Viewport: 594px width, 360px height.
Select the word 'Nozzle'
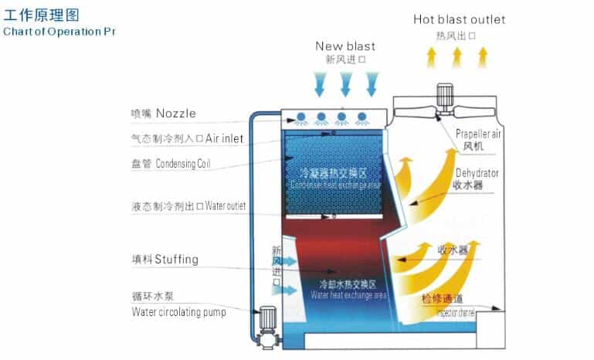point(175,114)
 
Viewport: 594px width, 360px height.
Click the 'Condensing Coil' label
point(183,164)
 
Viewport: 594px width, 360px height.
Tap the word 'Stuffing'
point(176,260)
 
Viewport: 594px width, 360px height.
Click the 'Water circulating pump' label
point(178,312)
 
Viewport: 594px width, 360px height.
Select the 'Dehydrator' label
point(477,172)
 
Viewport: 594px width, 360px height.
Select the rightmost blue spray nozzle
point(361,118)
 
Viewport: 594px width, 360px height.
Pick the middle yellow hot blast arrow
point(457,56)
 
